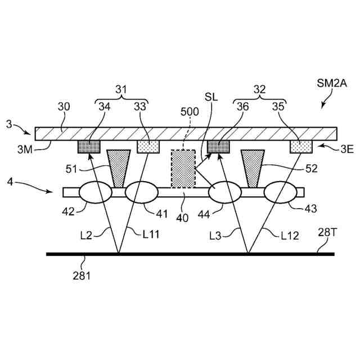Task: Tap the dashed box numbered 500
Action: tap(183, 168)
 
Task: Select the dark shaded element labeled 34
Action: tap(89, 147)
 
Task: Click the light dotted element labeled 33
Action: tap(149, 147)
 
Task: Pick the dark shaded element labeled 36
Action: tap(219, 147)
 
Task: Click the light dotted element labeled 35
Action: tap(301, 147)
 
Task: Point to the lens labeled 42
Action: tap(95, 192)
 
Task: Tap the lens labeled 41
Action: tap(141, 192)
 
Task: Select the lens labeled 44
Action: tap(225, 192)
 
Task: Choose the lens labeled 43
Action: tap(281, 192)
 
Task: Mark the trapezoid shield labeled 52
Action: tap(252, 168)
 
